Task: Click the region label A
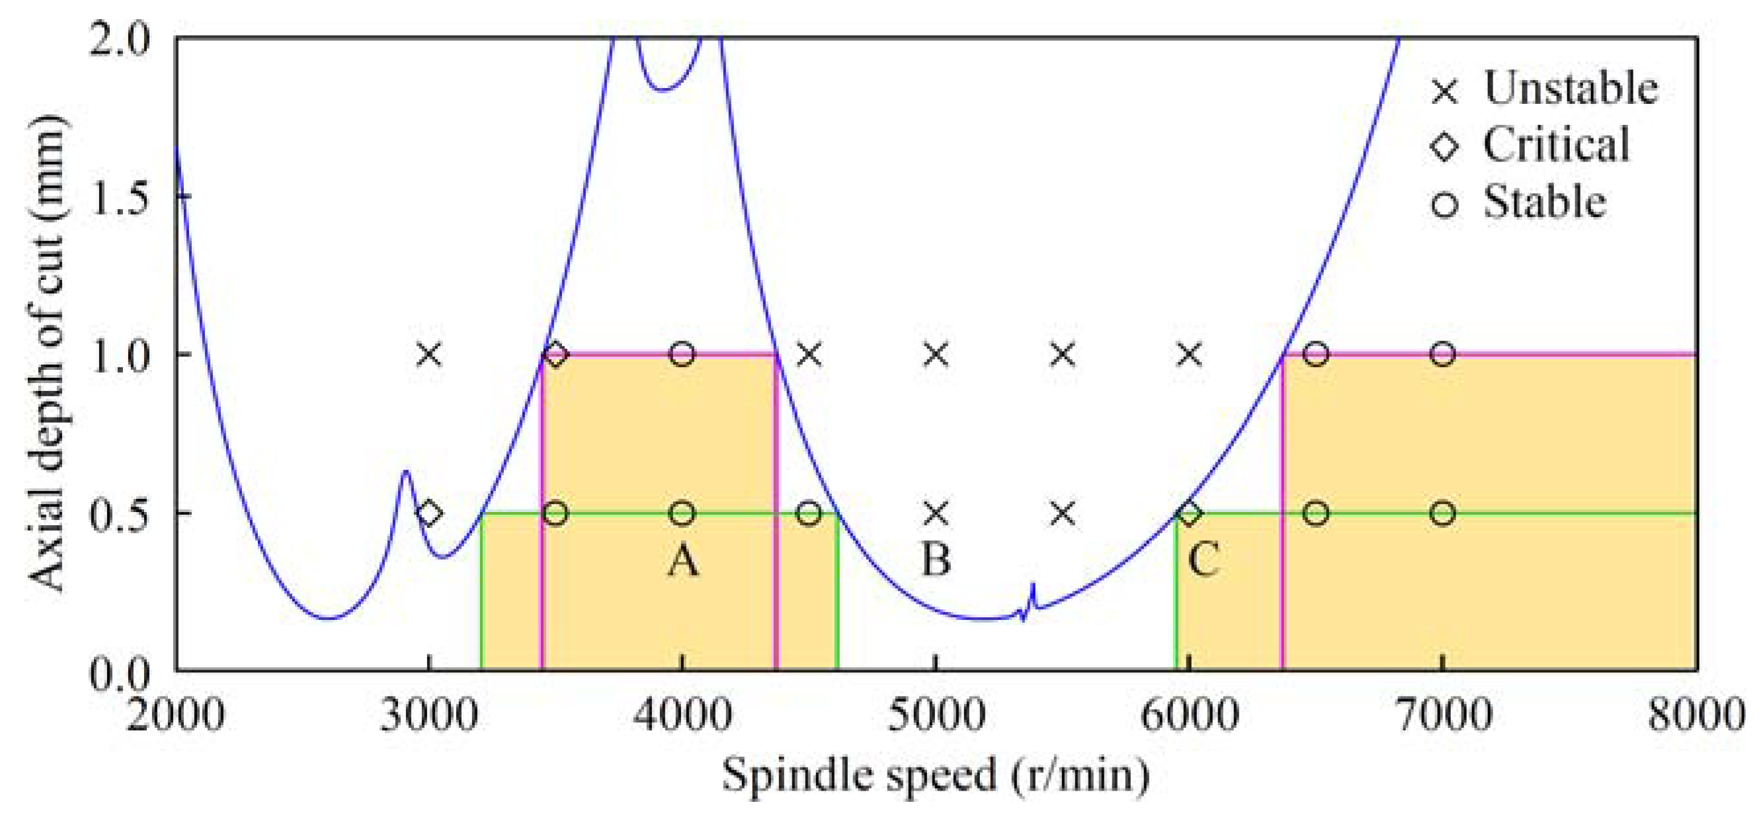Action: coord(683,561)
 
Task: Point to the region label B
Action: coord(936,560)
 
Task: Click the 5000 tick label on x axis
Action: coord(936,716)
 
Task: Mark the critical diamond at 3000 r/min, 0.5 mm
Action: coord(429,513)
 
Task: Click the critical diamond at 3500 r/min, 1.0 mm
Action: coord(555,355)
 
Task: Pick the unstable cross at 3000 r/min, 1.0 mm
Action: coord(429,355)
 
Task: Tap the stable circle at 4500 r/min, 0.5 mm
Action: coord(809,513)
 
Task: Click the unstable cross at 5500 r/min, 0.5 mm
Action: coord(1062,513)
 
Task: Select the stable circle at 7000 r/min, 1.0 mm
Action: coord(1443,355)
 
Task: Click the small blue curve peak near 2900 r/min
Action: coord(405,472)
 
